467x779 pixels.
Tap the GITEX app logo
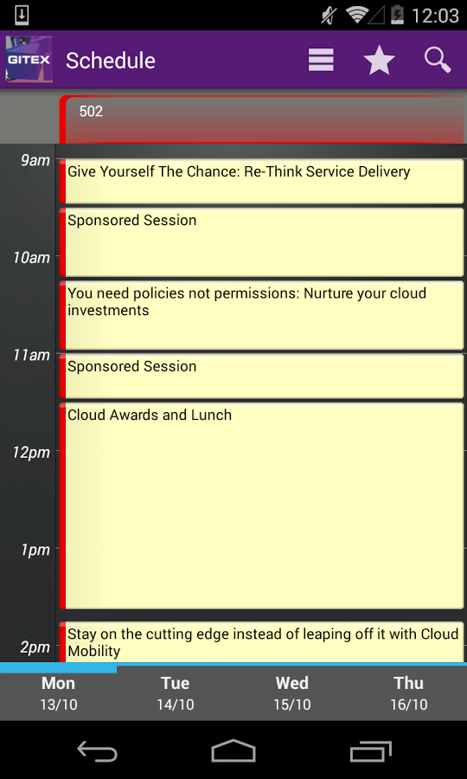coord(29,60)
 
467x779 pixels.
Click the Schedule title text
coord(111,61)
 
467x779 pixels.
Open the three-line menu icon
coord(321,60)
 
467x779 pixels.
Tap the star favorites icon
coord(379,60)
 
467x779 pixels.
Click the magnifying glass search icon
coord(438,60)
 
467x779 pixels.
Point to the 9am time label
coord(35,160)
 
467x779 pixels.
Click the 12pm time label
coord(31,453)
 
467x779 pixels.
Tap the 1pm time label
coord(35,550)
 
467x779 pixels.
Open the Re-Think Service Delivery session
coord(261,182)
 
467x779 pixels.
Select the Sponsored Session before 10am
coord(261,242)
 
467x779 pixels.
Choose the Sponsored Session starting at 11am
coord(261,377)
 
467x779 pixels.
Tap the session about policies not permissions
coord(261,315)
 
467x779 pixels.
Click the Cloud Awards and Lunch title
coord(150,415)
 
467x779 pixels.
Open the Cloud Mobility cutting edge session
coord(261,642)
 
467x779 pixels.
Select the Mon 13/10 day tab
coord(59,692)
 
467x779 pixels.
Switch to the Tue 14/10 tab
coord(176,692)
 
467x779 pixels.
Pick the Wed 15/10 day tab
coord(291,692)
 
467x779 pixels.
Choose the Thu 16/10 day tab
coord(409,692)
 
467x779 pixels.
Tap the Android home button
coord(233,750)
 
